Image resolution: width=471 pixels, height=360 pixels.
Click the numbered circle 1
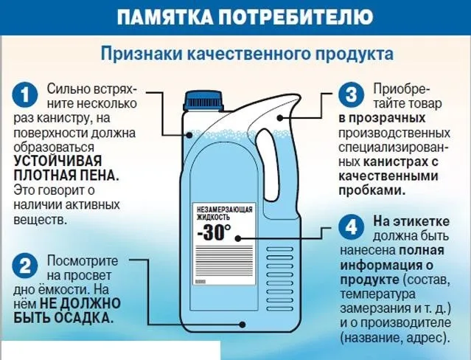[x=24, y=95]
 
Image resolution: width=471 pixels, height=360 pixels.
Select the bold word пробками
[x=372, y=190]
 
